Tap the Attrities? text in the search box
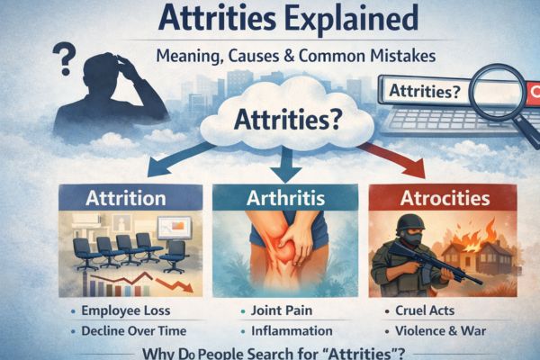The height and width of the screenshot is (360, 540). pos(421,91)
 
